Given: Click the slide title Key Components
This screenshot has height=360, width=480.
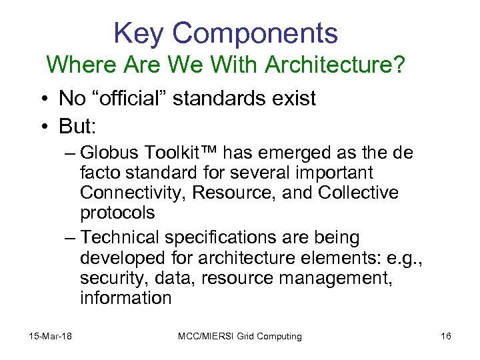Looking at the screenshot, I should coord(225,33).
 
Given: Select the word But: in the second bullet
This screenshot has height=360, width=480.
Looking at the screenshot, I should coord(77,125).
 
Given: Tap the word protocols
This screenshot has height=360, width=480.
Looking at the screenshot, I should coord(117,213).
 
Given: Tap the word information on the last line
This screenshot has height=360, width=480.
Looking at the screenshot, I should coord(125,298).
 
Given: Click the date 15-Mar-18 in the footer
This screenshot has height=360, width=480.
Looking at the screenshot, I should coord(51,336).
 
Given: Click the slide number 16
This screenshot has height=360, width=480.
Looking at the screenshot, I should coord(446,336).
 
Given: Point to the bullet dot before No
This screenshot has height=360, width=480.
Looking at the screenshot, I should coord(42,99).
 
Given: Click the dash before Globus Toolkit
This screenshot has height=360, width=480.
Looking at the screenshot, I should coord(71,153).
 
